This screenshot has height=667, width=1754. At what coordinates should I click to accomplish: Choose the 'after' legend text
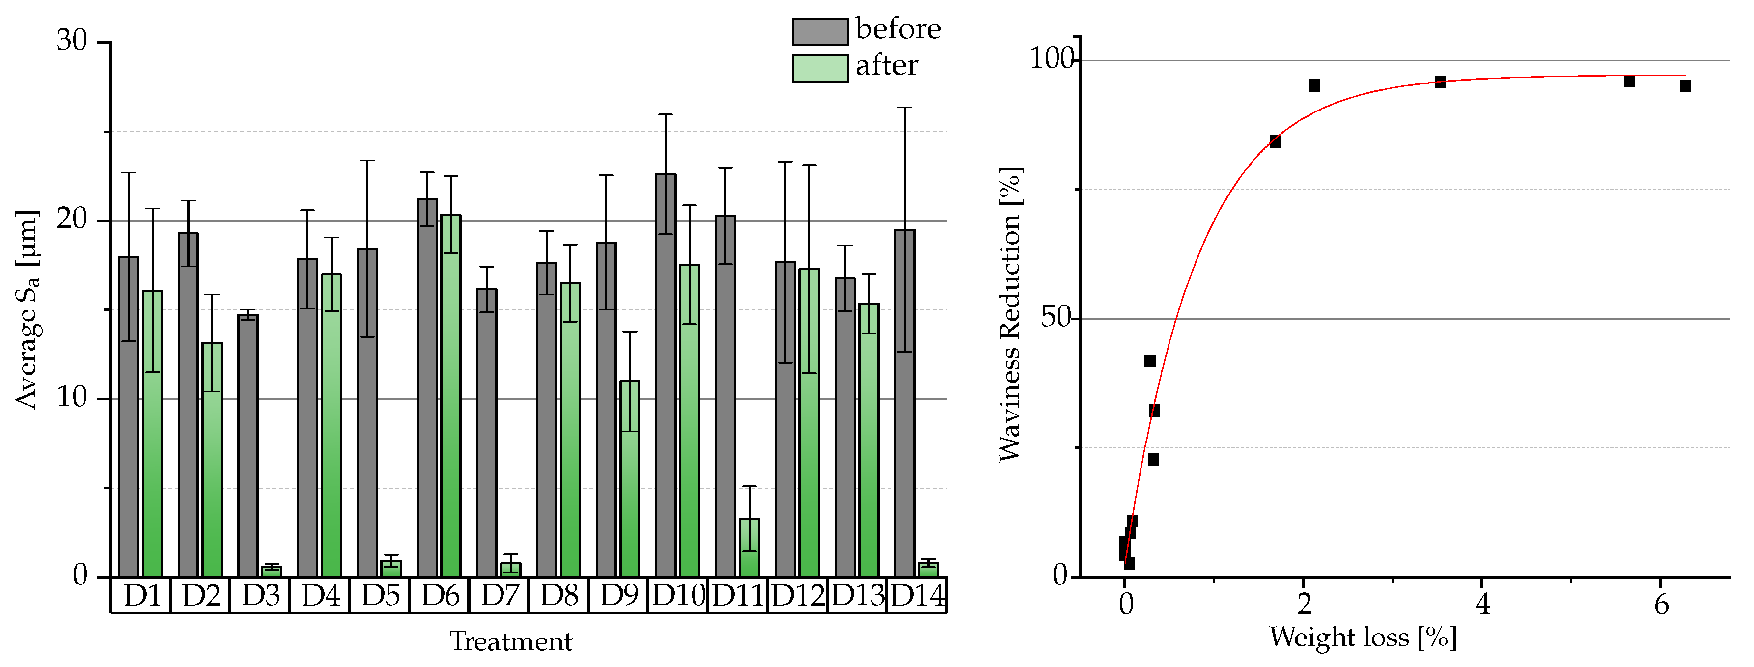click(x=887, y=66)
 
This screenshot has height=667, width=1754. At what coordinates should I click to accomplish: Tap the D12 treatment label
click(x=797, y=595)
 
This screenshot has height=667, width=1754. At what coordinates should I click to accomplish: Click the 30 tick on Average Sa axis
click(x=72, y=41)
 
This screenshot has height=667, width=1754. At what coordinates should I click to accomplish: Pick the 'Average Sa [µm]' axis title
click(x=27, y=309)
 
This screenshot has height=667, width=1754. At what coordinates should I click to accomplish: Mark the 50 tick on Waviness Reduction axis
click(x=1056, y=318)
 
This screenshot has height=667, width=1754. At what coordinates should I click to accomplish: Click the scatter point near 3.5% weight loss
click(x=1440, y=82)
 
